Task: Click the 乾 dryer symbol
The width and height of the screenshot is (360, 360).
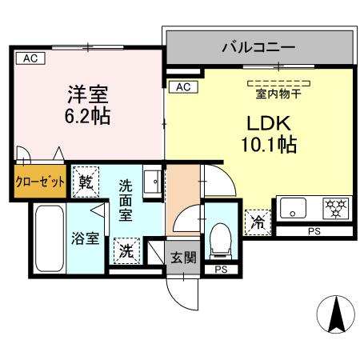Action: [86, 182]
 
